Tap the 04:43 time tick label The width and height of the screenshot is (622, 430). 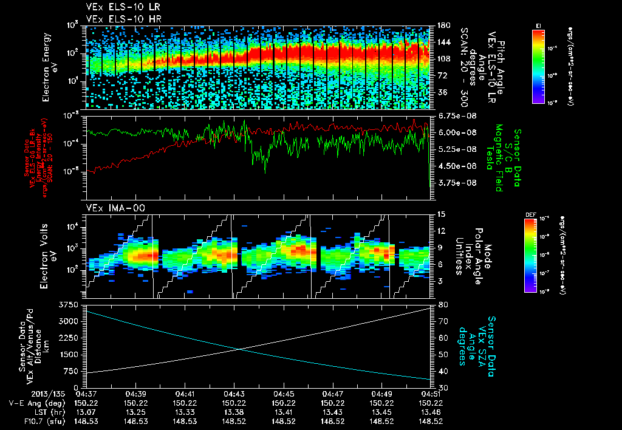[234, 393]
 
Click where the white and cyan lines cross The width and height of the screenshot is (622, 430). [241, 349]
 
